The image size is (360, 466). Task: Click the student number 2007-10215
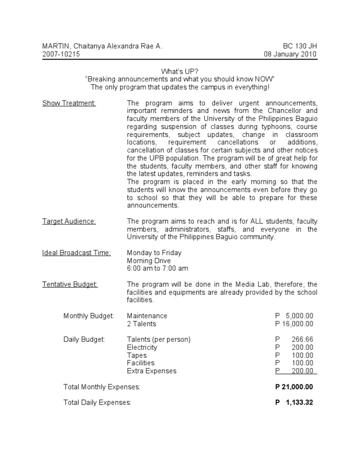(x=61, y=54)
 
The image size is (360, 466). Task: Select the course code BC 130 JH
(x=300, y=46)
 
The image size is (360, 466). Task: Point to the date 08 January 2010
(x=291, y=54)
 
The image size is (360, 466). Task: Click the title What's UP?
(x=180, y=71)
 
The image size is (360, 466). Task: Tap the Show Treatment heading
(x=69, y=103)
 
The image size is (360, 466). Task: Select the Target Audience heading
(x=69, y=221)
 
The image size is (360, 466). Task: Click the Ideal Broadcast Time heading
(x=76, y=253)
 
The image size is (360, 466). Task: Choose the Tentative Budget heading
(x=70, y=284)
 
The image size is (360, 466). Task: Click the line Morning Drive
(x=149, y=261)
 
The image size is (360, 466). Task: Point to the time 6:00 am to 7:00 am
(x=157, y=268)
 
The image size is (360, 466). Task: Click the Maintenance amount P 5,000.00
(x=294, y=316)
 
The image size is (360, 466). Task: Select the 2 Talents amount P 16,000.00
(x=294, y=324)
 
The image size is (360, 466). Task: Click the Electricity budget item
(x=142, y=347)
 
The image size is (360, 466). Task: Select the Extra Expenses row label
(x=151, y=371)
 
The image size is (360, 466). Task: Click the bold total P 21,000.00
(x=294, y=387)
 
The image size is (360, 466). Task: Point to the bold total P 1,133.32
(x=294, y=403)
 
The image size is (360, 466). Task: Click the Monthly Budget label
(x=89, y=316)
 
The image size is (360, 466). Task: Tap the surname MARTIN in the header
(x=55, y=46)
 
